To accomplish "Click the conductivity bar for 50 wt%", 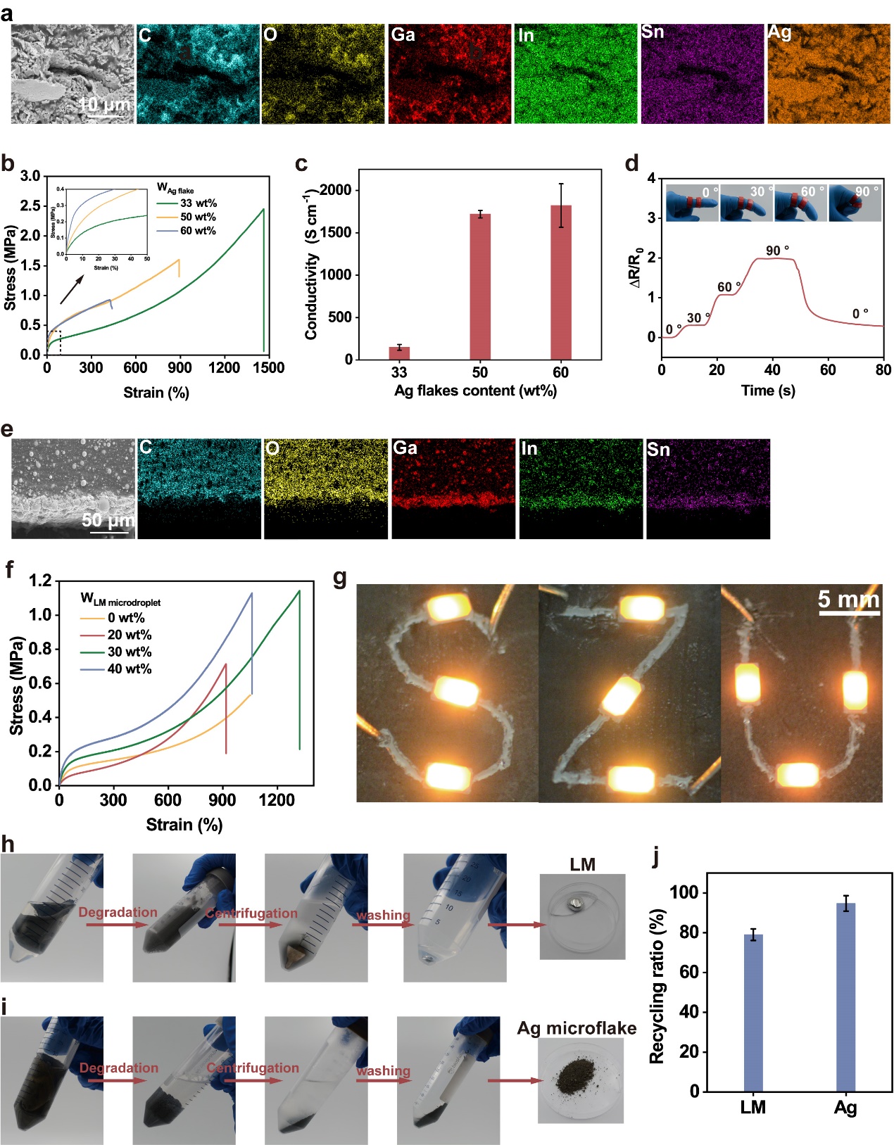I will pyautogui.click(x=479, y=286).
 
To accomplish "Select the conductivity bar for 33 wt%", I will pyautogui.click(x=399, y=353).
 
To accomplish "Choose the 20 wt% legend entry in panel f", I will pyautogui.click(x=129, y=635).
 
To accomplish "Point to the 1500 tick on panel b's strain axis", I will pyautogui.click(x=268, y=367).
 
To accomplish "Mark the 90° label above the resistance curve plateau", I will pyautogui.click(x=777, y=251).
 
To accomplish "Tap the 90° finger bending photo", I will pyautogui.click(x=855, y=202).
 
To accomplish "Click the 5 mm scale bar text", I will pyautogui.click(x=848, y=600).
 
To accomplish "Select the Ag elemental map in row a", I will pyautogui.click(x=829, y=74).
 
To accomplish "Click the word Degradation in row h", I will pyautogui.click(x=118, y=913).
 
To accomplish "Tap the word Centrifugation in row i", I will pyautogui.click(x=252, y=1068).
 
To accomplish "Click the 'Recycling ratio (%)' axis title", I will pyautogui.click(x=656, y=986).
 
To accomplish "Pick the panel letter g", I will pyautogui.click(x=340, y=578).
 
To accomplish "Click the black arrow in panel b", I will pyautogui.click(x=71, y=289).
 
